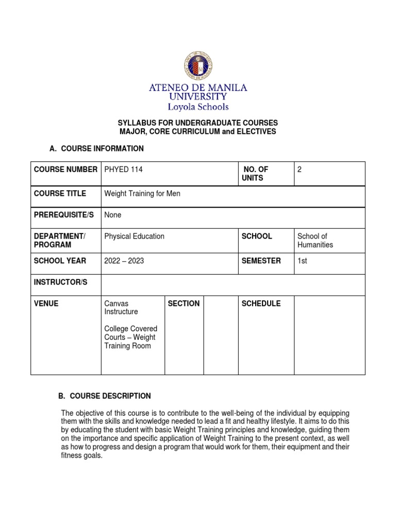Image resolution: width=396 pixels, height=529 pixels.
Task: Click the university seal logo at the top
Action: [197, 66]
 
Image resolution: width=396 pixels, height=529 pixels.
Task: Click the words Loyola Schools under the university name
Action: [197, 107]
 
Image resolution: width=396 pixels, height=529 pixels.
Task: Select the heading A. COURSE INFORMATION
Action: [96, 149]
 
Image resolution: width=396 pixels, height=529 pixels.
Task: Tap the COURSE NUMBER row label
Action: [65, 169]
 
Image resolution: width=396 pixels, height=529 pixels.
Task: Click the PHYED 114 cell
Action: [123, 169]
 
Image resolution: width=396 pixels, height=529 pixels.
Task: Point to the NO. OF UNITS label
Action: [255, 174]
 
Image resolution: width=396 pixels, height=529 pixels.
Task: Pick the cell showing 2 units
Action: [300, 169]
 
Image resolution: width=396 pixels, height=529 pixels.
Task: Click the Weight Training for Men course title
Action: [142, 194]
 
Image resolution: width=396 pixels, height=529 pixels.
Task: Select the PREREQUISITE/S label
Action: [63, 214]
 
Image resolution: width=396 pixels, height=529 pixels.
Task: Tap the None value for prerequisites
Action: [113, 214]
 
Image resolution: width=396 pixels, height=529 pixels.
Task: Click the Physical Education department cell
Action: [134, 236]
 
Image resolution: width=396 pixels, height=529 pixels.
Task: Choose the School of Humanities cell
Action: [315, 240]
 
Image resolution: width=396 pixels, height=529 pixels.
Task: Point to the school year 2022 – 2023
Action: [124, 261]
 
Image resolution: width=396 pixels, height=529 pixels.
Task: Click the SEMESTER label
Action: [261, 261]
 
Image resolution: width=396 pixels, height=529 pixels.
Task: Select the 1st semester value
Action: [302, 261]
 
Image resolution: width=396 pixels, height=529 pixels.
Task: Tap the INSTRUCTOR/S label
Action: [61, 283]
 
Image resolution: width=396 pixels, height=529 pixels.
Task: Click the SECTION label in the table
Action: [184, 303]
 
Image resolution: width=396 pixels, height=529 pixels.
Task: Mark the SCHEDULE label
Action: [261, 303]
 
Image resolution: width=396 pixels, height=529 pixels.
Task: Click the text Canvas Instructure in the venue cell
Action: [121, 307]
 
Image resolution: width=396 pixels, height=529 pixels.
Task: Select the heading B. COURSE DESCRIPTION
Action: [104, 396]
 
